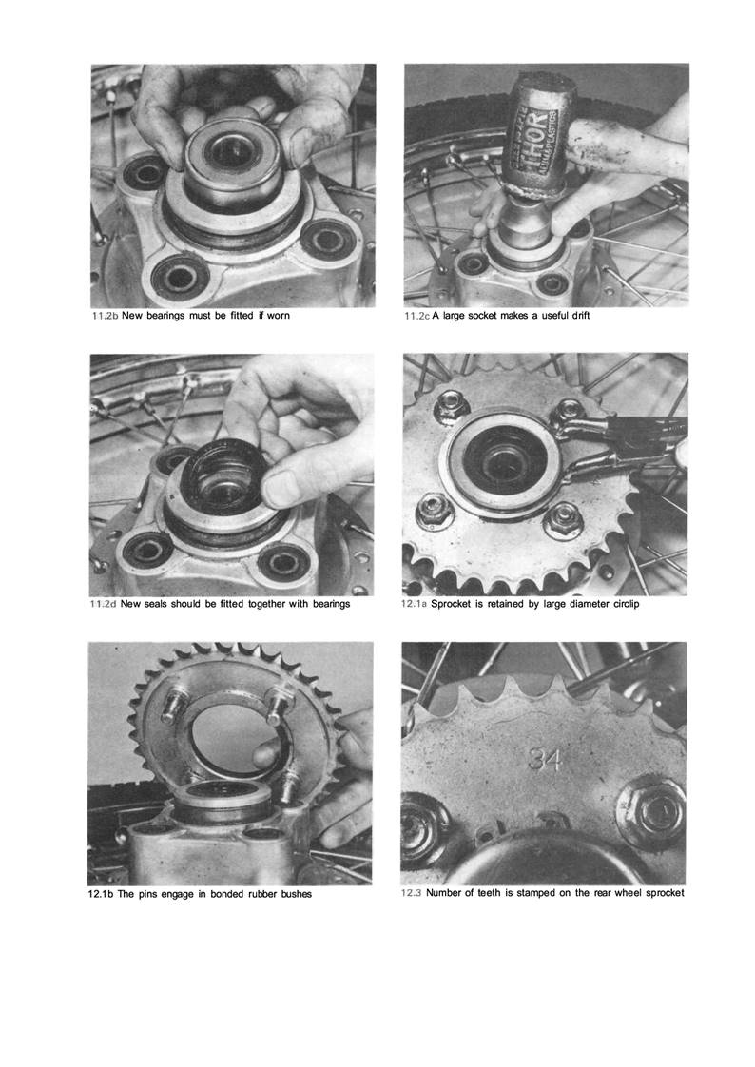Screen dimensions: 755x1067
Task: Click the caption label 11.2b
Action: tap(106, 316)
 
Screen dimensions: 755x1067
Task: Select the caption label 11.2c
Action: tap(416, 316)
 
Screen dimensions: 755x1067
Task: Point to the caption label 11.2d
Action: tap(104, 604)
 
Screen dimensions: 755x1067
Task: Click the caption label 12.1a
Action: tap(415, 604)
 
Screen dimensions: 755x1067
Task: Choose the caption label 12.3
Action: tap(411, 892)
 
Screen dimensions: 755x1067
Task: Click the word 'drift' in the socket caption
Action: tap(580, 316)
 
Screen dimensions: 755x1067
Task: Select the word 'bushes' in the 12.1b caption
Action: tap(296, 894)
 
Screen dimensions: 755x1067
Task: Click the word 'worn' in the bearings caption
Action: tap(279, 316)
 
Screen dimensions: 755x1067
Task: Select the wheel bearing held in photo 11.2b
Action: tap(233, 164)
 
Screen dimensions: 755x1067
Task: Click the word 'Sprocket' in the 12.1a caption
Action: tap(453, 604)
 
